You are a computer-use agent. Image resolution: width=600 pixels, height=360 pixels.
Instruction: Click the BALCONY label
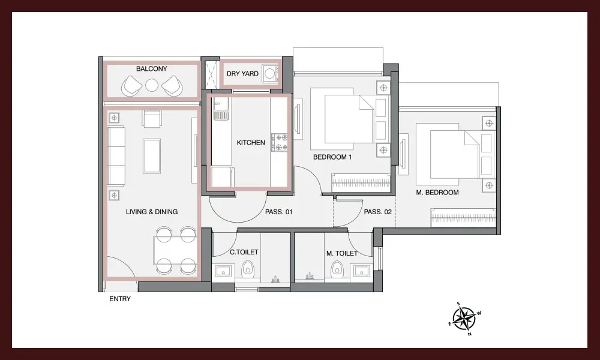click(152, 69)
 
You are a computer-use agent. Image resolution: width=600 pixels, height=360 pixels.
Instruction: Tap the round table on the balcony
click(152, 85)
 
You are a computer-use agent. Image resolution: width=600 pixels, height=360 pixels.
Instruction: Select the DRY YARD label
click(242, 73)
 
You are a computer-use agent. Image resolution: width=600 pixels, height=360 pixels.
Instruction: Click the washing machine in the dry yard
click(270, 73)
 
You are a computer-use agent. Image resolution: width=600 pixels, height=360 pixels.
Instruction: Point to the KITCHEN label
click(251, 143)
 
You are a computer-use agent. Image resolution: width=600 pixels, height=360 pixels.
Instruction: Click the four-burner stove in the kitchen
click(280, 142)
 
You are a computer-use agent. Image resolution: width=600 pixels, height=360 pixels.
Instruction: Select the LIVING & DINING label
click(152, 212)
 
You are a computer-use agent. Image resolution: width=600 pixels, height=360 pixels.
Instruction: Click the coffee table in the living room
click(152, 156)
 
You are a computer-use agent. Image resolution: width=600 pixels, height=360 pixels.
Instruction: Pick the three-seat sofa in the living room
click(116, 157)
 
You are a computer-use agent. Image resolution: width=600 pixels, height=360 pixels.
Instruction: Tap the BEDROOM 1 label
click(332, 157)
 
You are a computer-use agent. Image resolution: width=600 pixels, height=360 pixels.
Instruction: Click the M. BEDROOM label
click(437, 193)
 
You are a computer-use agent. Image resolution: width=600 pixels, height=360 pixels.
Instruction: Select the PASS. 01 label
click(278, 212)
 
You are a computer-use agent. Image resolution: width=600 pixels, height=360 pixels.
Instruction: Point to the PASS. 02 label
click(377, 212)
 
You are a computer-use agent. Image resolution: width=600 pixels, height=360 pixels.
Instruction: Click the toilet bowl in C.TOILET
click(248, 269)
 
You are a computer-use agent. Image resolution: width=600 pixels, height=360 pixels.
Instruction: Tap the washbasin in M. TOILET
click(361, 271)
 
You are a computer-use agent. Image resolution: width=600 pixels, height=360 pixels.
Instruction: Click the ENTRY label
click(120, 299)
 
